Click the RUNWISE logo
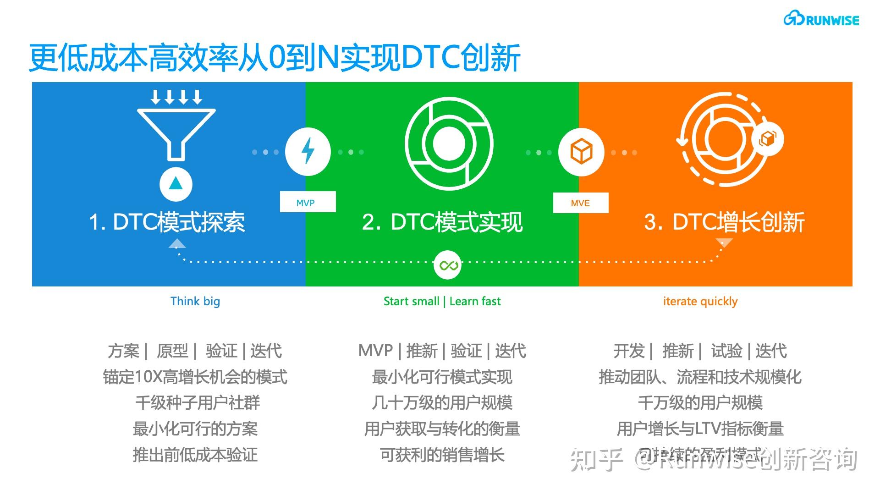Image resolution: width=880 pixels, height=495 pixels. [821, 19]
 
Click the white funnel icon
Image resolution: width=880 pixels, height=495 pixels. [176, 133]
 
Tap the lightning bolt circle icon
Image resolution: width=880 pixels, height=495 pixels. [308, 152]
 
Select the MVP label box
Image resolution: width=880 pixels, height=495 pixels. [308, 202]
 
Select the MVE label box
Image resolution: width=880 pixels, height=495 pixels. [580, 203]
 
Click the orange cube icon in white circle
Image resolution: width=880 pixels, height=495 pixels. [581, 152]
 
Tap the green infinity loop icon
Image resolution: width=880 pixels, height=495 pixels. [448, 264]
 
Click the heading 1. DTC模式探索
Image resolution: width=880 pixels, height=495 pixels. [167, 222]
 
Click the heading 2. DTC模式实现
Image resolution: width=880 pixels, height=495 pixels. [442, 222]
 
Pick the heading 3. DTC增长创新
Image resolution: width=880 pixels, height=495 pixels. [724, 222]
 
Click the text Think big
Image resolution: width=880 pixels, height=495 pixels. [195, 301]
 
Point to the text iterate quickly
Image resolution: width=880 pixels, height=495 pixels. [700, 301]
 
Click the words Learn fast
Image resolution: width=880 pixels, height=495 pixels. [475, 301]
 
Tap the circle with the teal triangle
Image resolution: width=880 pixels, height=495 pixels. [176, 184]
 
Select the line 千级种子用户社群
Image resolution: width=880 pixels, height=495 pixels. [198, 403]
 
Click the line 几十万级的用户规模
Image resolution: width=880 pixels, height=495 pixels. [442, 403]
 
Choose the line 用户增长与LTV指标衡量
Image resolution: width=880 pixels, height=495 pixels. [700, 429]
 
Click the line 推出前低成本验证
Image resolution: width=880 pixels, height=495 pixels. [195, 455]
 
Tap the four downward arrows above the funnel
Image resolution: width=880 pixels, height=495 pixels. [176, 97]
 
